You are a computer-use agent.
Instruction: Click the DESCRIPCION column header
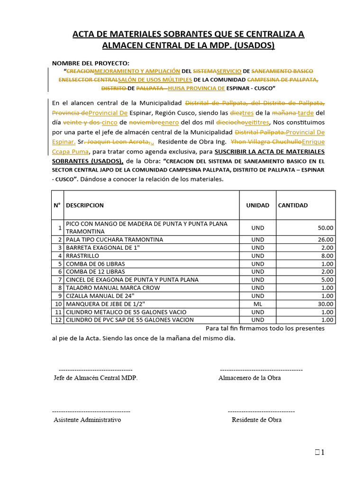(85, 205)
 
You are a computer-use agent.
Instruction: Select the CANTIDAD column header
(292, 205)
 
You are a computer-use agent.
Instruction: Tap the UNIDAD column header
(257, 205)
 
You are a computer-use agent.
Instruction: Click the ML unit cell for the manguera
(258, 304)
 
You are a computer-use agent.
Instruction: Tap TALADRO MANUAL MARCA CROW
(113, 288)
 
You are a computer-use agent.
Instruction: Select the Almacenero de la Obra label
(249, 377)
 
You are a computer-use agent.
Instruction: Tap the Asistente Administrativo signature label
(87, 420)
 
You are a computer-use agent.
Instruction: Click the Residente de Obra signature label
(256, 420)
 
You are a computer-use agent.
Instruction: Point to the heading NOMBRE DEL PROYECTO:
(90, 63)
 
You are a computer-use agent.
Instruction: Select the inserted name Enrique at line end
(313, 142)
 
